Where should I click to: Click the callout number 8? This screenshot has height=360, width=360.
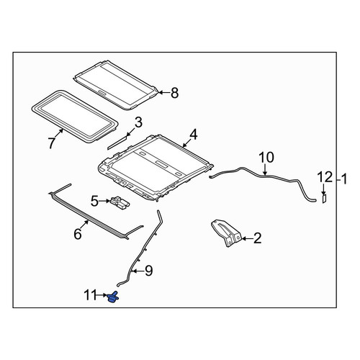pyautogui.click(x=175, y=93)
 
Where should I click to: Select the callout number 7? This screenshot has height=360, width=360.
pyautogui.click(x=52, y=143)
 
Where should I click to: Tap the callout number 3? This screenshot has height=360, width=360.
pyautogui.click(x=138, y=122)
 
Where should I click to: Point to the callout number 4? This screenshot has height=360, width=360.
pyautogui.click(x=193, y=135)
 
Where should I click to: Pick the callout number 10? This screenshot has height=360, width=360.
pyautogui.click(x=266, y=158)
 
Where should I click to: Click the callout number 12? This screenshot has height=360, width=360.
pyautogui.click(x=325, y=177)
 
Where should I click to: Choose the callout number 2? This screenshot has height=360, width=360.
pyautogui.click(x=257, y=238)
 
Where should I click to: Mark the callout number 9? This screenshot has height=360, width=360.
pyautogui.click(x=148, y=271)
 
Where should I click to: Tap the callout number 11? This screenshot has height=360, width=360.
pyautogui.click(x=89, y=295)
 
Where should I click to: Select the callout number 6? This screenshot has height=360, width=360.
pyautogui.click(x=78, y=234)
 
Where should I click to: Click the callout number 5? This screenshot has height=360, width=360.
pyautogui.click(x=94, y=201)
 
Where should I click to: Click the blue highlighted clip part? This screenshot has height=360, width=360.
pyautogui.click(x=113, y=297)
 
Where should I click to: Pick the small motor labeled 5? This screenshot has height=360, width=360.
pyautogui.click(x=120, y=202)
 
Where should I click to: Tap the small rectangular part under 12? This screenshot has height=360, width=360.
pyautogui.click(x=324, y=199)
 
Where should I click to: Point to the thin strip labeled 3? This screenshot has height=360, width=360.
pyautogui.click(x=117, y=143)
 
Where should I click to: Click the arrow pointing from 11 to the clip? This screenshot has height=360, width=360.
pyautogui.click(x=101, y=295)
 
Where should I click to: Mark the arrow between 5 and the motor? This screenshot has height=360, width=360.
pyautogui.click(x=104, y=201)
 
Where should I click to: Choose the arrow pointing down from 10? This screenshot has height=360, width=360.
pyautogui.click(x=264, y=169)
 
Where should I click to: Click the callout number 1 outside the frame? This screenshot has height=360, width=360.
pyautogui.click(x=344, y=179)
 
